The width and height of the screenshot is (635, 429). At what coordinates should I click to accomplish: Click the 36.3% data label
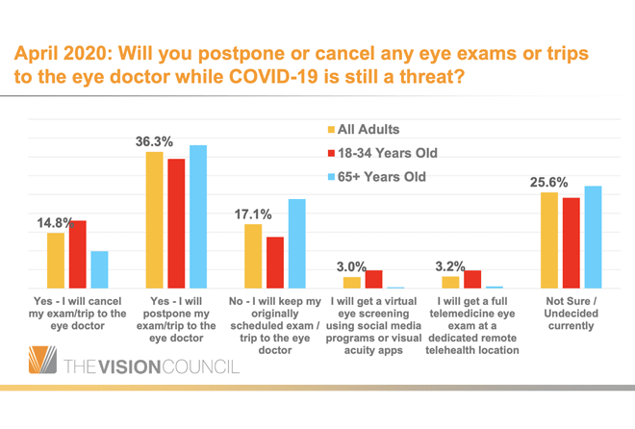click(154, 141)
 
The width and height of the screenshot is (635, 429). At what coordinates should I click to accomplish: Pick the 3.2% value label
click(450, 265)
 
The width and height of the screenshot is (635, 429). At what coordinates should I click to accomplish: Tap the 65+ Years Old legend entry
click(377, 177)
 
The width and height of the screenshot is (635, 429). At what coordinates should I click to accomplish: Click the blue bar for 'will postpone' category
click(197, 216)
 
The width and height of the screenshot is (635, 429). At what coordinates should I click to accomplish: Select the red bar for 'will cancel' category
click(78, 254)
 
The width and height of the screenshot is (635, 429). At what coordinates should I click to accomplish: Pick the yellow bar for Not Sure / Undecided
click(549, 240)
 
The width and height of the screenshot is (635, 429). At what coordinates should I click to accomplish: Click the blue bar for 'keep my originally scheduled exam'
click(296, 243)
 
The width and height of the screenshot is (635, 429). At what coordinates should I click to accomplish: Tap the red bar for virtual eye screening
click(373, 279)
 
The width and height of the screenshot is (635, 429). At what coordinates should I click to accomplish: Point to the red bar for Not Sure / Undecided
click(571, 242)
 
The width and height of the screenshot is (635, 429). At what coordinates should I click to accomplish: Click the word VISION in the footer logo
click(137, 366)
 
